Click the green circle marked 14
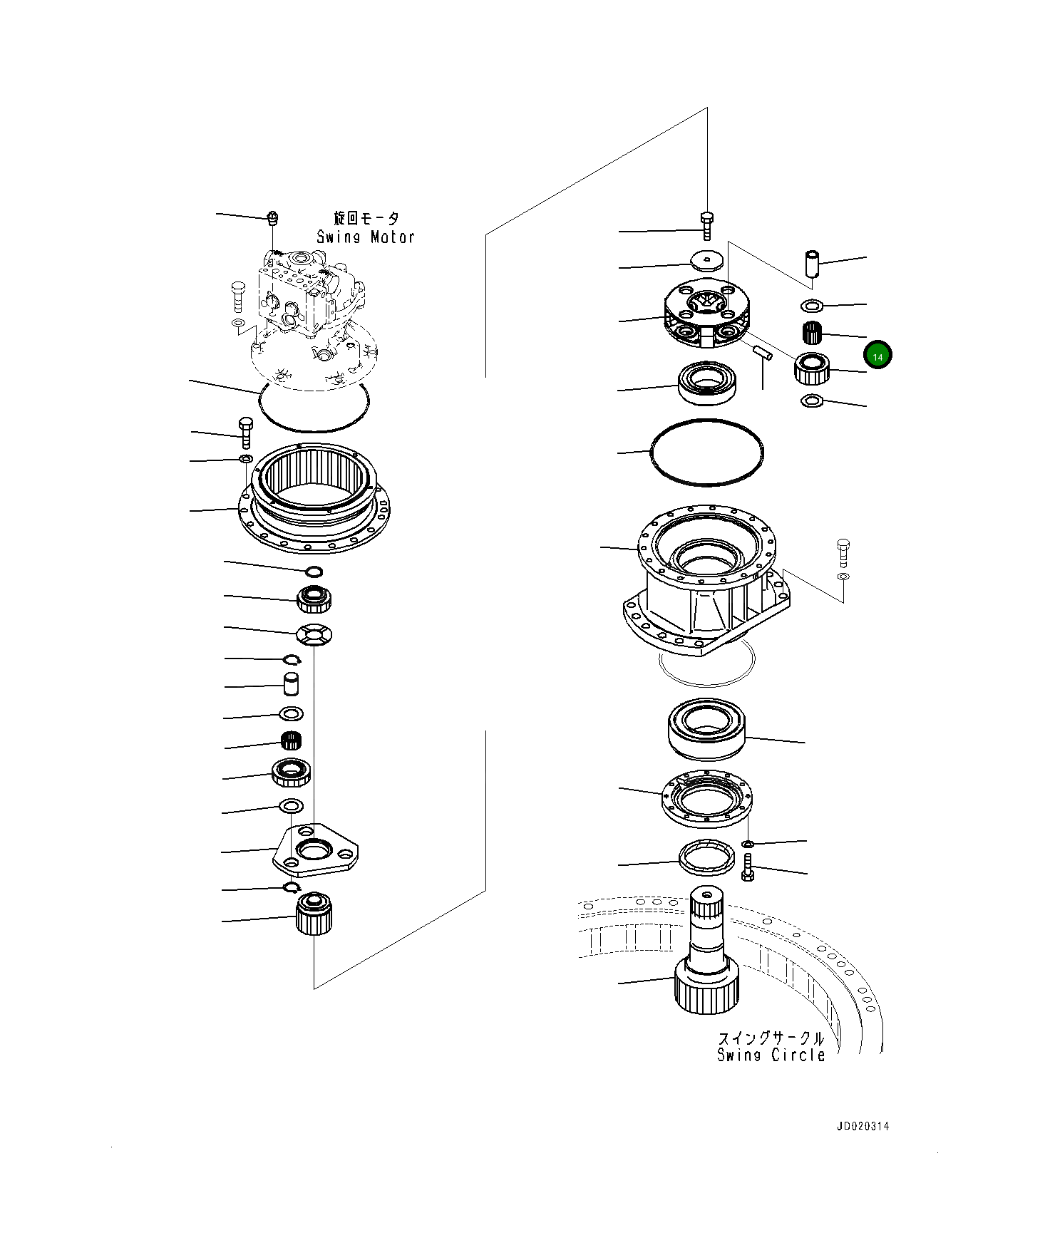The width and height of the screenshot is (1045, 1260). click(877, 356)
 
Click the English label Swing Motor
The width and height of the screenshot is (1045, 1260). click(365, 237)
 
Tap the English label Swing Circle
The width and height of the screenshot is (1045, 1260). click(771, 1055)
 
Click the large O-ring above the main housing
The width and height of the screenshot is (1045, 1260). click(706, 452)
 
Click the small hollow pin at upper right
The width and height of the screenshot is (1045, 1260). click(812, 263)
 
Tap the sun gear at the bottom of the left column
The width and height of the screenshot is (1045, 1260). click(314, 914)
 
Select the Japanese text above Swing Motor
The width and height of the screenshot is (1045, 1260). click(366, 218)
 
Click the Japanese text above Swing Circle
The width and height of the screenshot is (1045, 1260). click(771, 1038)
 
